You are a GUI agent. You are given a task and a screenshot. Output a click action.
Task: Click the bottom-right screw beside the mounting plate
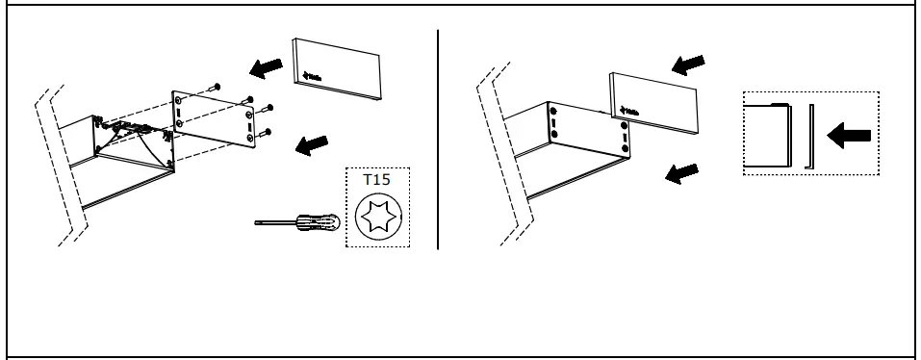(269, 131)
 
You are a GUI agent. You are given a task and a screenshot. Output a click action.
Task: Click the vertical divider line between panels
(438, 140)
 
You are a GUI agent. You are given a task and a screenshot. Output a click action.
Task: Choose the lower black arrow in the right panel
(682, 172)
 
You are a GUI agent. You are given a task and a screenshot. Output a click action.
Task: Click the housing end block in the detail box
(768, 135)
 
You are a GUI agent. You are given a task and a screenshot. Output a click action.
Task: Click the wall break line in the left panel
(64, 164)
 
